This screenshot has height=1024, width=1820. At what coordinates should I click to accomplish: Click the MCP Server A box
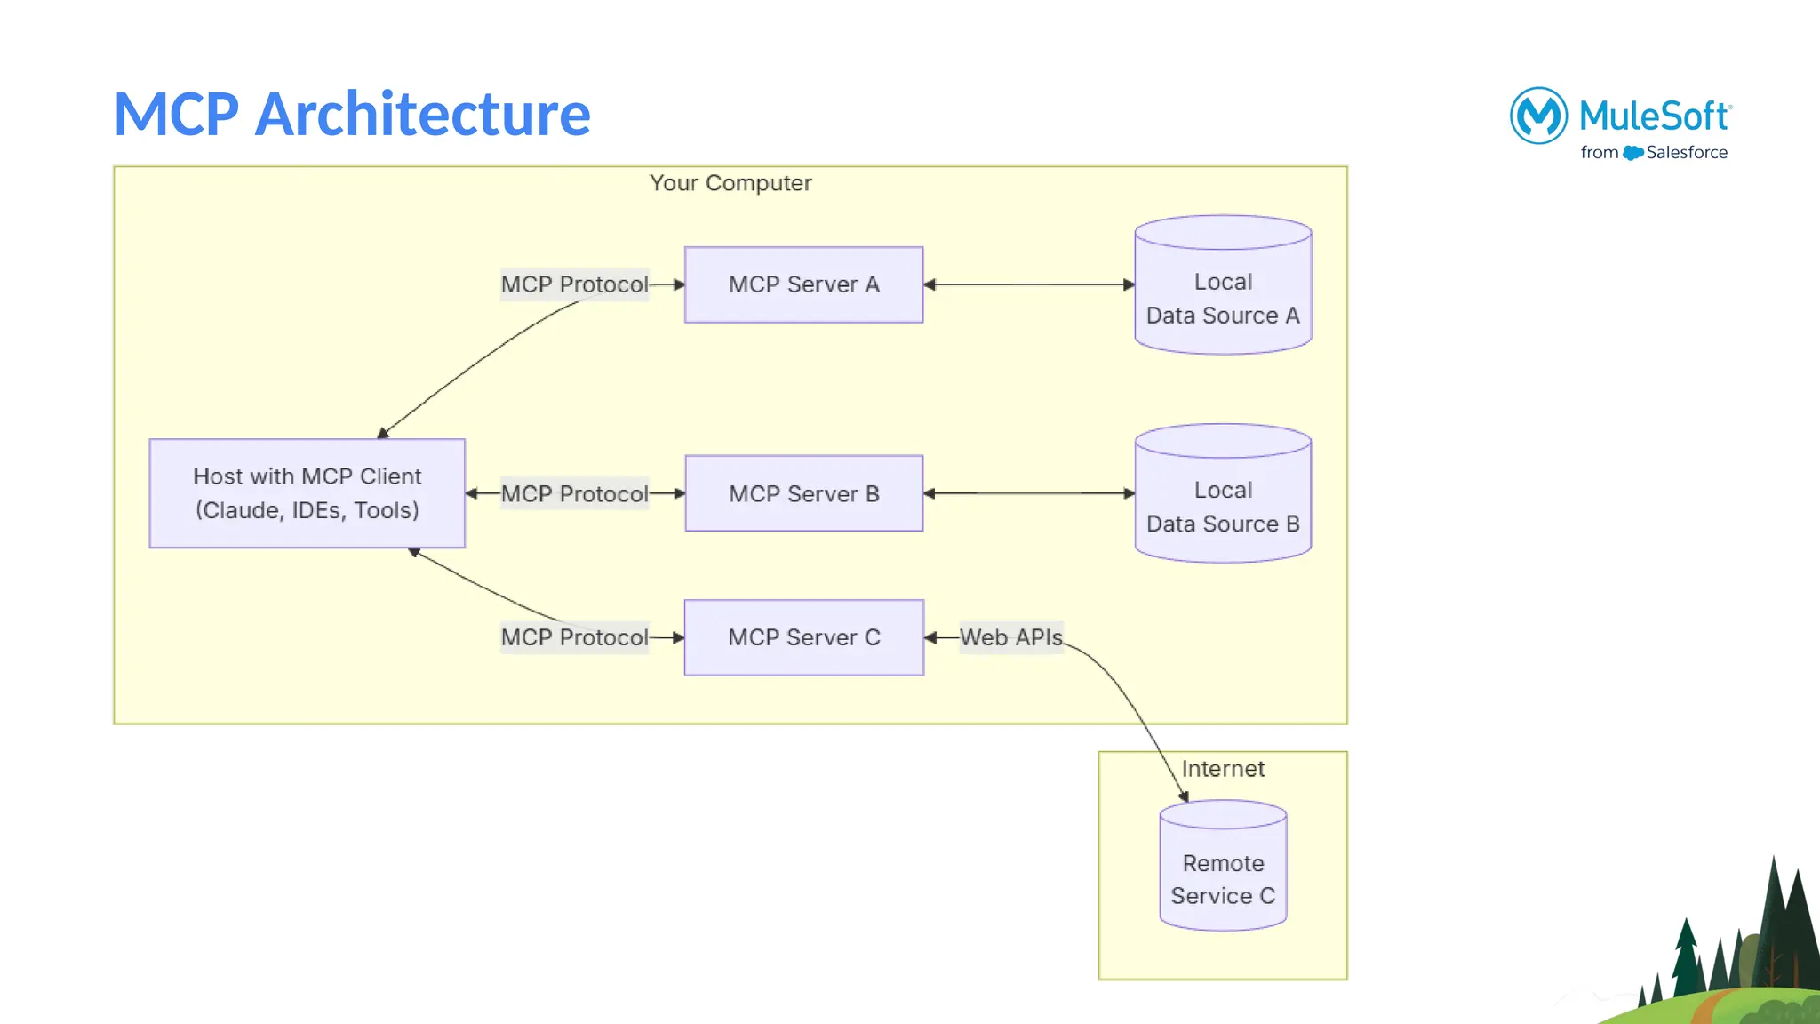point(803,284)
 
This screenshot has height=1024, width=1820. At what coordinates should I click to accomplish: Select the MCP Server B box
point(803,493)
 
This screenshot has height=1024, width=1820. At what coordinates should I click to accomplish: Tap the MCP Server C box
point(803,637)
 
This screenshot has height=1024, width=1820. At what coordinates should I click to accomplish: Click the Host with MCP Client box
point(307,493)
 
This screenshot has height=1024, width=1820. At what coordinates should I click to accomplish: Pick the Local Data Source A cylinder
point(1223,298)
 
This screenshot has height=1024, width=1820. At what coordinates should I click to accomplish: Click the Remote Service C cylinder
point(1223,878)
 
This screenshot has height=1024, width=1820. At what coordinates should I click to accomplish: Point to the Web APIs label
point(1010,637)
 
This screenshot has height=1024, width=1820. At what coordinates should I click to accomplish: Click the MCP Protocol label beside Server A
point(574,284)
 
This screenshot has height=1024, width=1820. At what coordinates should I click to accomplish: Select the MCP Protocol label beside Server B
point(574,493)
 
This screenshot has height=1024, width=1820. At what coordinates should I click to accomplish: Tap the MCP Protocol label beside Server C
point(574,637)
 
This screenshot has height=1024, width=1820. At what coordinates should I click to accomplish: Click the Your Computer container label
point(730,183)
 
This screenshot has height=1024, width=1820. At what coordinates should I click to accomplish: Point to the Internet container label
point(1223,769)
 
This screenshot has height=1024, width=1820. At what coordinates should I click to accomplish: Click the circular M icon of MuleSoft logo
point(1538,116)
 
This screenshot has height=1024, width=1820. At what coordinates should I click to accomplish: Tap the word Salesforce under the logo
point(1686,153)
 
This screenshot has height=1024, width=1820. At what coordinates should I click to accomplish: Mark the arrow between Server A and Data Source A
point(1029,284)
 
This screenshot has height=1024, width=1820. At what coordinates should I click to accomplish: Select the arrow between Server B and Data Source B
point(1029,493)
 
